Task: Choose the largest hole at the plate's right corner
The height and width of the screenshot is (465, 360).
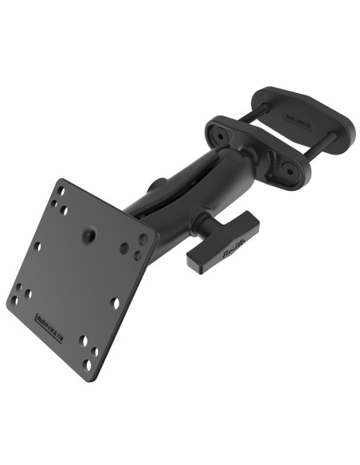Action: click(143, 239)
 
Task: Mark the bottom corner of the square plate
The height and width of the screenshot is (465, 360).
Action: click(102, 379)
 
